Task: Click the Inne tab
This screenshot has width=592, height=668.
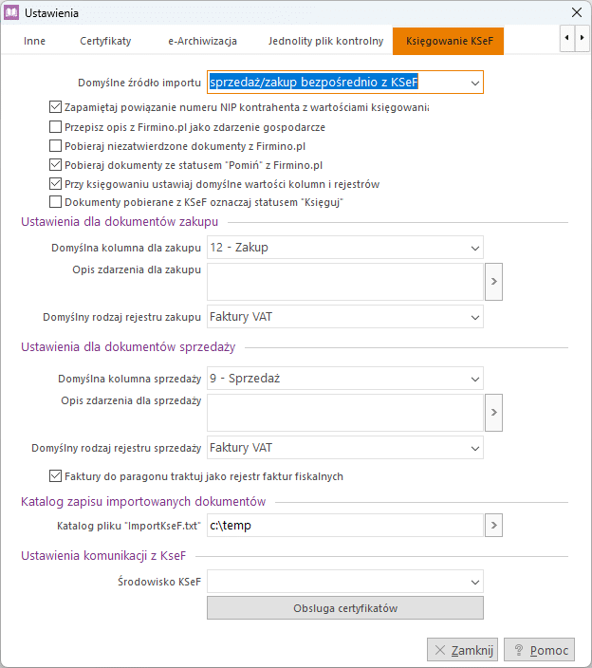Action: (34, 42)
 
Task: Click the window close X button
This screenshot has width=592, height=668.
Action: (576, 13)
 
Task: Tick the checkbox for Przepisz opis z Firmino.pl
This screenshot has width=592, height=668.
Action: (55, 126)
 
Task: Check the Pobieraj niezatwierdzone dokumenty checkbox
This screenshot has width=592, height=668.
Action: (55, 145)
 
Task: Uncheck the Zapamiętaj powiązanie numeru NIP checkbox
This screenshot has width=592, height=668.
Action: (55, 107)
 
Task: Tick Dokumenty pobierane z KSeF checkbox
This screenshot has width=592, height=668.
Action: (55, 202)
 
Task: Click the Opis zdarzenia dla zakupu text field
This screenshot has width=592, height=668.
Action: (344, 282)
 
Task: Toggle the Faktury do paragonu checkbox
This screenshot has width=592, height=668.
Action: (55, 476)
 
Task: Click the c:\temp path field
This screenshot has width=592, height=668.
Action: (344, 525)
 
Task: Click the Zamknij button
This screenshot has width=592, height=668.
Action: (462, 650)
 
